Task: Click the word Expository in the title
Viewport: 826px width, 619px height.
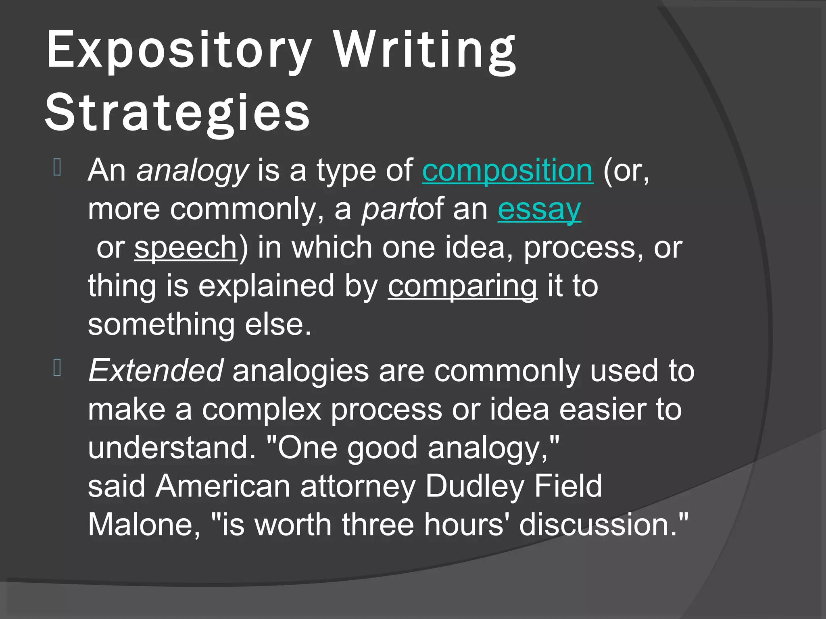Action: (x=179, y=50)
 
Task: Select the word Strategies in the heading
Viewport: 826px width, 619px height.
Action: (x=177, y=112)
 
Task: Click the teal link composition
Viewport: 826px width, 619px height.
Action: (x=507, y=170)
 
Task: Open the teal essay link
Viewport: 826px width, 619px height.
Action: (x=539, y=209)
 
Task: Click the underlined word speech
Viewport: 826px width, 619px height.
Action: (x=186, y=247)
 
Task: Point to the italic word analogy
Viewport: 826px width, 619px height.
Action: (x=192, y=170)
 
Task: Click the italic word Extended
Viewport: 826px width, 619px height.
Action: (x=155, y=370)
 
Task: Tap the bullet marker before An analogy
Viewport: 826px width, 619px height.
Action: (x=57, y=168)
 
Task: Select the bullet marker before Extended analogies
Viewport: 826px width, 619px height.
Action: (x=57, y=368)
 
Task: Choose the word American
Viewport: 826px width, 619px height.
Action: (x=223, y=486)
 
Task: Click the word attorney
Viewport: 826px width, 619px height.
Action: (x=358, y=486)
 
